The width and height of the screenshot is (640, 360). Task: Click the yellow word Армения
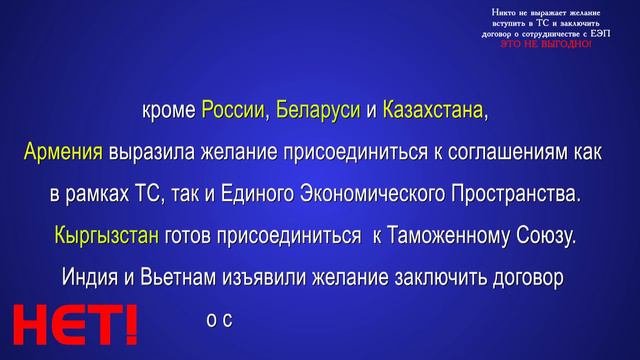(63, 151)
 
